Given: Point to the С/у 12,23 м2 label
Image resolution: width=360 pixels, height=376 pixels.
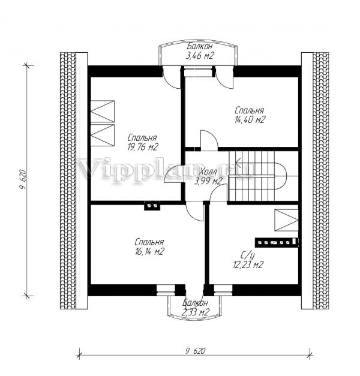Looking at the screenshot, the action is tap(248, 260).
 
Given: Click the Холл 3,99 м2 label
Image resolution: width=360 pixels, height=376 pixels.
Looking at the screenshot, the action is tap(208, 177).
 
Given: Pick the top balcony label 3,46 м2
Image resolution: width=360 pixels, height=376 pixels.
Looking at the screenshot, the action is tap(200, 51).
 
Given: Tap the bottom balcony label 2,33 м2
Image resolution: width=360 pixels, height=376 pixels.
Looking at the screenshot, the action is tap(196, 308).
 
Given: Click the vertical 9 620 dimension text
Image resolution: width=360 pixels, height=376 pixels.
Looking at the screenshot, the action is tap(23, 180).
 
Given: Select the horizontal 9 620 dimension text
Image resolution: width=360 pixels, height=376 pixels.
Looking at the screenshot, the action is tap(196, 351).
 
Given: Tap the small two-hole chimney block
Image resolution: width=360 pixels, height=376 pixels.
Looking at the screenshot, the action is tap(152, 206).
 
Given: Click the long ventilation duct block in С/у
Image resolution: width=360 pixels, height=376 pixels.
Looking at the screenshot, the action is tap(277, 242).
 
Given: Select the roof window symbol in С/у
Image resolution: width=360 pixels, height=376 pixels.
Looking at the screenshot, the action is tap(286, 220).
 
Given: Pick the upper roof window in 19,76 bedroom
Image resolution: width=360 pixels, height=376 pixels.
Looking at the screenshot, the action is tap(103, 112).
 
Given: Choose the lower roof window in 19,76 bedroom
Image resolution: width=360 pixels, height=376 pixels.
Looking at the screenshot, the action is tap(103, 135).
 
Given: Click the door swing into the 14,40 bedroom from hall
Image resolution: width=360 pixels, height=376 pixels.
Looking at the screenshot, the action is tap(209, 140).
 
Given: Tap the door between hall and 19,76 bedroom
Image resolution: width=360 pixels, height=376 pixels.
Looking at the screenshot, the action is tap(173, 175).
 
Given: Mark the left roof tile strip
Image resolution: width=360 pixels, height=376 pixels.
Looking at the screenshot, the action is tap(68, 181).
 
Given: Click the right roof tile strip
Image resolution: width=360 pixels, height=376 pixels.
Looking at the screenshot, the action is tap(321, 181).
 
